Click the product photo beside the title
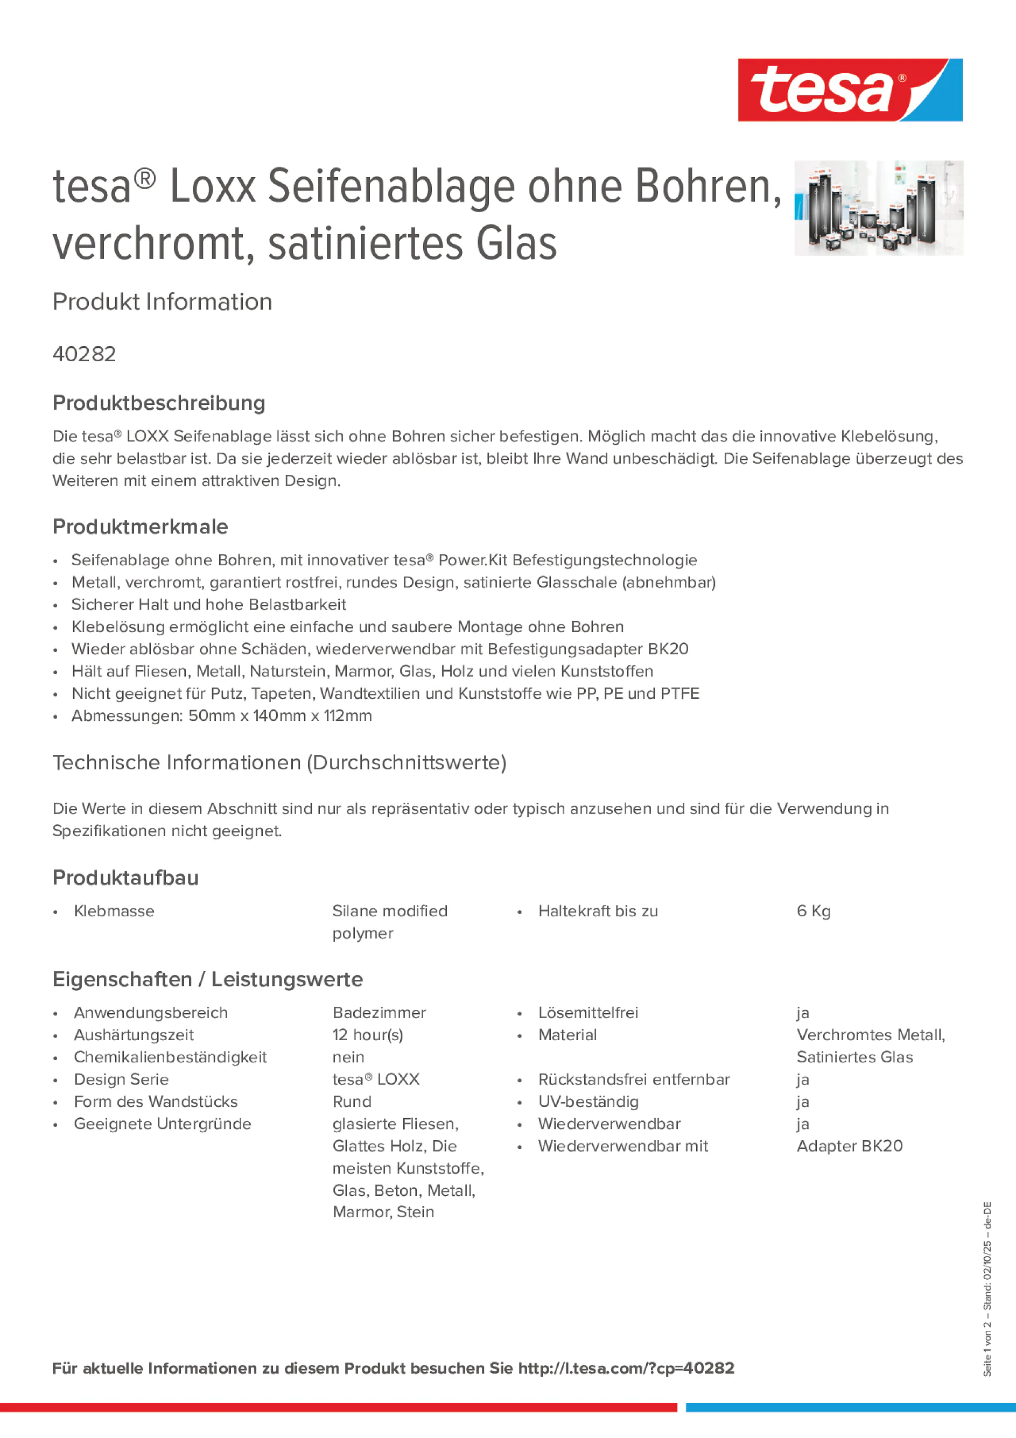pyautogui.click(x=878, y=208)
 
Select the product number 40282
pyautogui.click(x=84, y=354)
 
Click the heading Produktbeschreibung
pyautogui.click(x=158, y=403)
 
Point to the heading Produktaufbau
pyautogui.click(x=125, y=878)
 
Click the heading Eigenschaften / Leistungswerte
pyautogui.click(x=207, y=979)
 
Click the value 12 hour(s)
pyautogui.click(x=368, y=1035)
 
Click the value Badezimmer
pyautogui.click(x=379, y=1013)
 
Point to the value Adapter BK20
pyautogui.click(x=850, y=1146)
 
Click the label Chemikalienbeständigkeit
pyautogui.click(x=170, y=1057)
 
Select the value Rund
pyautogui.click(x=352, y=1102)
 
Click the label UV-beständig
pyautogui.click(x=588, y=1102)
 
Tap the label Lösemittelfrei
pyautogui.click(x=588, y=1013)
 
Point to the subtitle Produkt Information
pyautogui.click(x=162, y=302)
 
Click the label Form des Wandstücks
pyautogui.click(x=156, y=1102)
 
